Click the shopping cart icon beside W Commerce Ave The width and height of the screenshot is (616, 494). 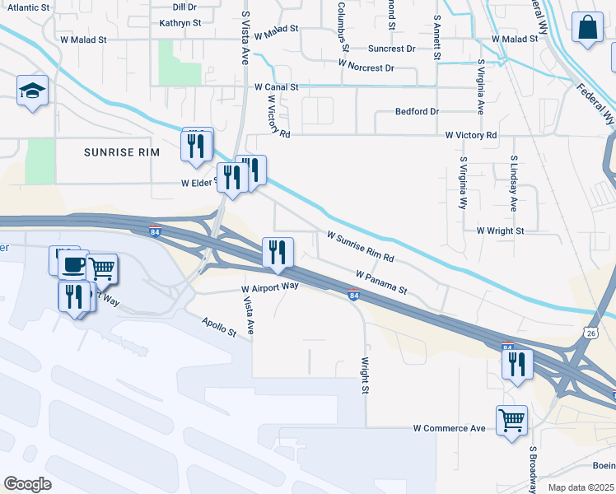[x=511, y=420]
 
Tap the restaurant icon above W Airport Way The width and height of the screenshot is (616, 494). [x=278, y=252]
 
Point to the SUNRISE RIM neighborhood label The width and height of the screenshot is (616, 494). [x=120, y=152]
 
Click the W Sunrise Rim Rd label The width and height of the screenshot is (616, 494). [x=361, y=247]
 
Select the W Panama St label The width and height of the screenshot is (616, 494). [x=381, y=282]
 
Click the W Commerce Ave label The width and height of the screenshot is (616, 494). [x=449, y=428]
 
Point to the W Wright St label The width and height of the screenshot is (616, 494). [x=499, y=231]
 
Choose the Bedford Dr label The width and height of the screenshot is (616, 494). [x=418, y=110]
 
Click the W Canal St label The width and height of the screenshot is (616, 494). [x=276, y=86]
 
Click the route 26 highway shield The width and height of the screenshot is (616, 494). [x=591, y=333]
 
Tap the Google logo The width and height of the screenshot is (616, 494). [x=27, y=484]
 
